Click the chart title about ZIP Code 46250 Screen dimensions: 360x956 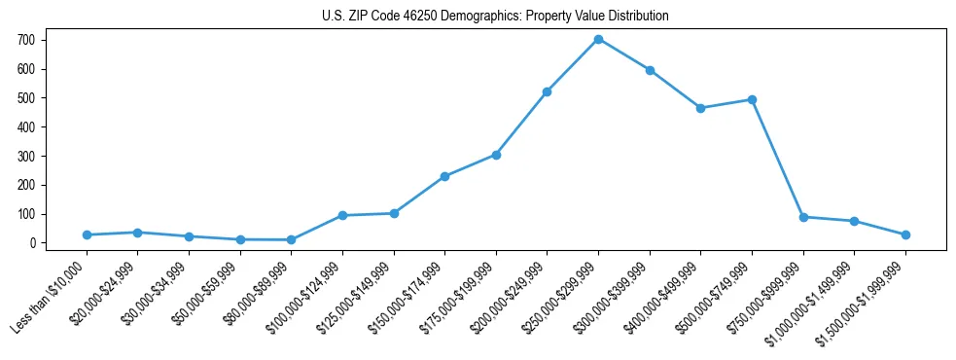(495, 16)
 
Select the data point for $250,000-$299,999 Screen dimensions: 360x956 (598, 39)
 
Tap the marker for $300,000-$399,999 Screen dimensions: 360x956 (650, 70)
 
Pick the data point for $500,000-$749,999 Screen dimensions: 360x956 (752, 99)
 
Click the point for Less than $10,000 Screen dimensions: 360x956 (87, 234)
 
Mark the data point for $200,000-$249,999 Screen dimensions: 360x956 (547, 91)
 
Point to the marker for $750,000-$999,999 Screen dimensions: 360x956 (803, 217)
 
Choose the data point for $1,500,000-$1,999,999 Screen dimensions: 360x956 (905, 234)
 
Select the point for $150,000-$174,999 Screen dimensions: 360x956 (444, 176)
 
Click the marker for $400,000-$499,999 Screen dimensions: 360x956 (700, 108)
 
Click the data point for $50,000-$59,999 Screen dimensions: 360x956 (240, 239)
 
